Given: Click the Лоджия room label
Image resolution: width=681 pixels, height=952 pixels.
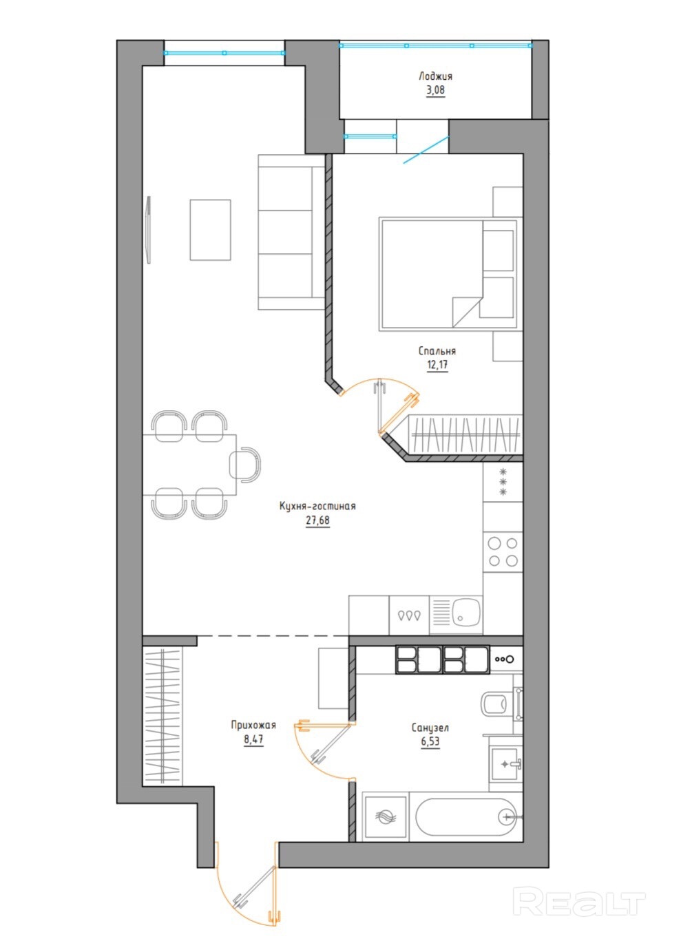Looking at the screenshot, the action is point(435,76).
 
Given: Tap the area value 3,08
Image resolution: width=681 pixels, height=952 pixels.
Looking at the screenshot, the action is point(435,90).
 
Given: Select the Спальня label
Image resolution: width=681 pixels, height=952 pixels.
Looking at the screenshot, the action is point(437,351).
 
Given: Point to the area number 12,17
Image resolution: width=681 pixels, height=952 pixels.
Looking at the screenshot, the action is point(437,365).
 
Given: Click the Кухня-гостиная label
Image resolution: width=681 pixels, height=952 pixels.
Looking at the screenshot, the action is point(317,506).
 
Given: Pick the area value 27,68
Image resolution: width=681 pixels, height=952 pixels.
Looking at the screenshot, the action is point(317,520).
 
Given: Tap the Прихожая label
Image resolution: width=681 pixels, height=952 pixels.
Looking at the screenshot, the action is point(253,725).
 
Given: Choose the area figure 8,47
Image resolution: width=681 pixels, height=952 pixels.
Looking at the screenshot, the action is point(253,739).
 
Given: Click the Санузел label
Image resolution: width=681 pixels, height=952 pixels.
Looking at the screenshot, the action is point(430,728).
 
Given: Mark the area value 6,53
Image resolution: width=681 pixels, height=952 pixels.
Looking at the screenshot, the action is point(430,741).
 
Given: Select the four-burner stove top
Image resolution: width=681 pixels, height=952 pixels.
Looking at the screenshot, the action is point(503,551).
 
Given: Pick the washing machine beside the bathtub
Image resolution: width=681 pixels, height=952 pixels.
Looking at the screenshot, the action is point(384,817).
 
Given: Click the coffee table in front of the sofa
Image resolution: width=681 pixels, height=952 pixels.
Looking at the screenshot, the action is point(211,230).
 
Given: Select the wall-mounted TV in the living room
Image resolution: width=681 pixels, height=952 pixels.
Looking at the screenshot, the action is point(148,229).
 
